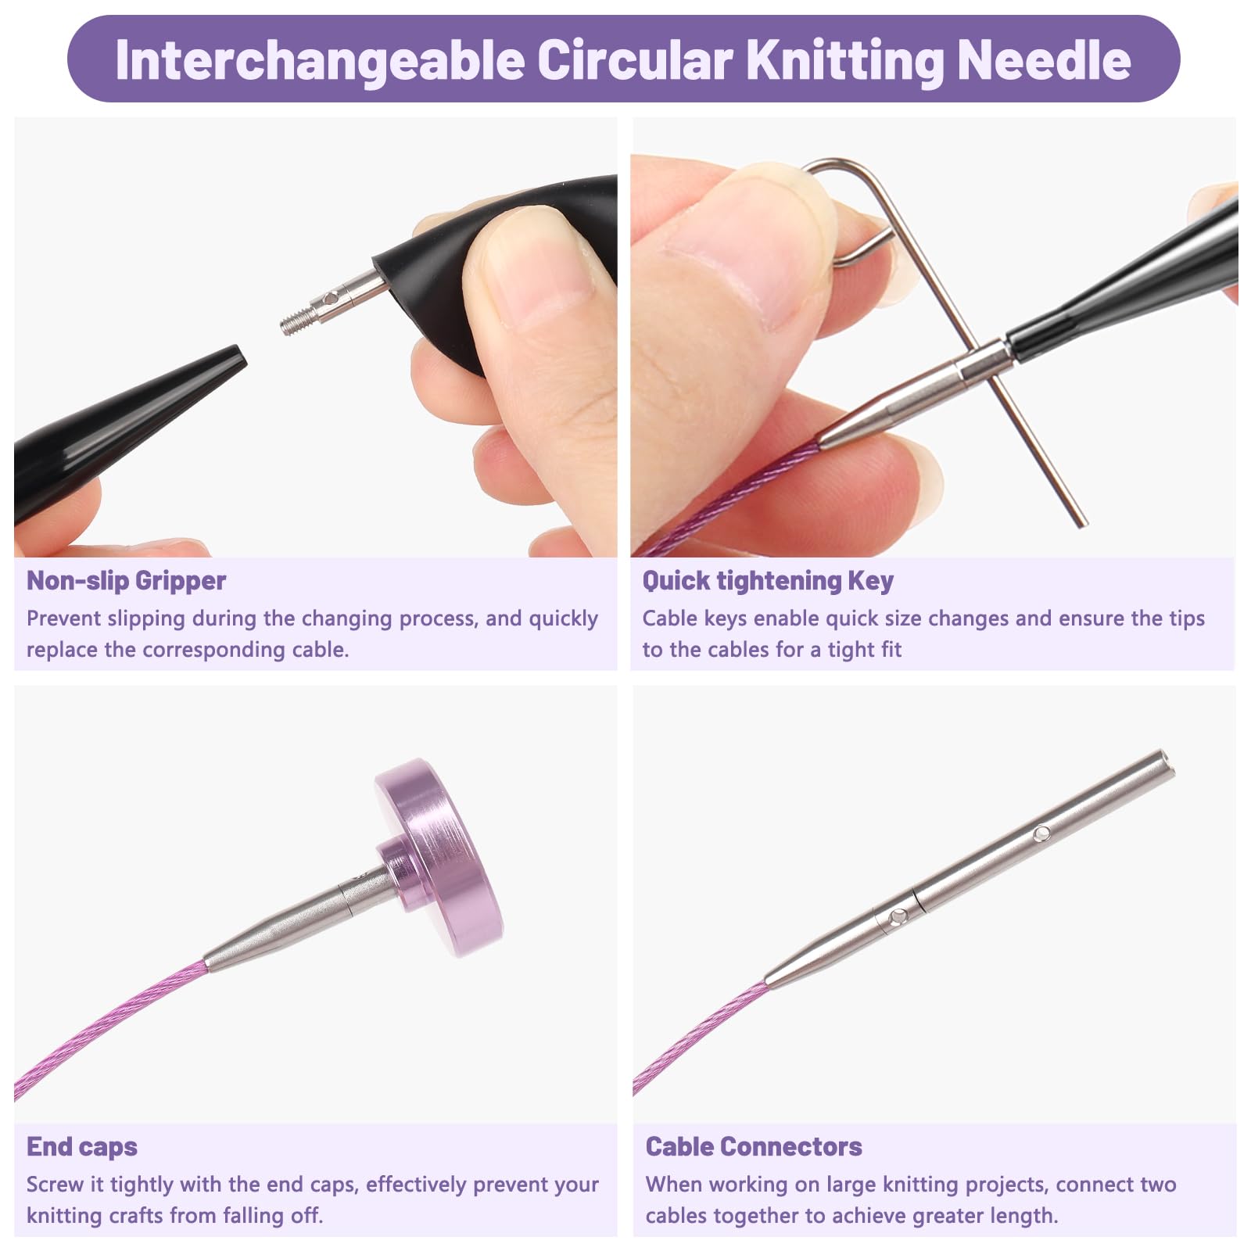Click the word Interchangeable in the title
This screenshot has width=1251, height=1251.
320,60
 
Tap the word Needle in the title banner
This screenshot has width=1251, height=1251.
1044,59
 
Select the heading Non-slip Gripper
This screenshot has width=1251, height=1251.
126,580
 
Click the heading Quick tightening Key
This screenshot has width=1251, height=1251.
768,580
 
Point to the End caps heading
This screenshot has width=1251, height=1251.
82,1146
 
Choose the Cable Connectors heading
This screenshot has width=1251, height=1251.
754,1146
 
